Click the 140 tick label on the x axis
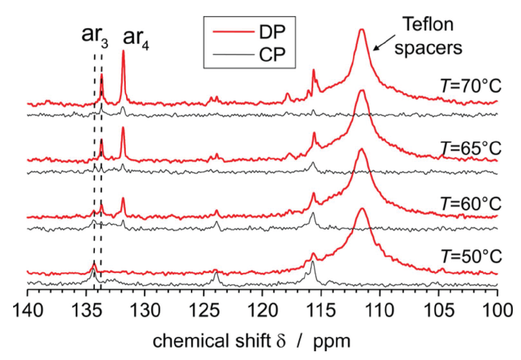(28, 310)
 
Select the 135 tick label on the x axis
(86, 310)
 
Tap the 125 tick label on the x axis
(204, 310)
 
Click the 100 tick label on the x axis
(497, 310)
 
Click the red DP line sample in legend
(233, 32)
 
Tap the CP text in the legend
(272, 54)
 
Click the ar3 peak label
(94, 35)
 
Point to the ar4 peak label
(135, 38)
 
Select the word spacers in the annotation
(428, 48)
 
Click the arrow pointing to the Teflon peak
(384, 43)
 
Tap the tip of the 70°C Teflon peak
(362, 30)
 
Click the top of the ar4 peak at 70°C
(123, 51)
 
